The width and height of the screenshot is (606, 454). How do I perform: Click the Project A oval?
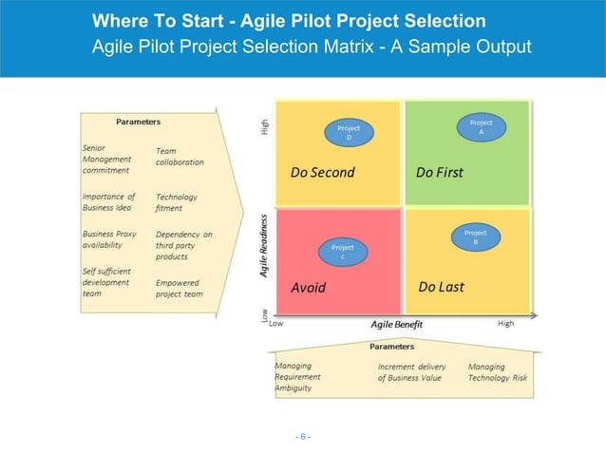(481, 127)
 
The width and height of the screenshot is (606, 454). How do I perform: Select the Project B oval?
(475, 238)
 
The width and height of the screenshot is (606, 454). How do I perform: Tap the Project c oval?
(342, 253)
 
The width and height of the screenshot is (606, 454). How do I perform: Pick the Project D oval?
(349, 132)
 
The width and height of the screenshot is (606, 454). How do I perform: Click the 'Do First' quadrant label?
(439, 173)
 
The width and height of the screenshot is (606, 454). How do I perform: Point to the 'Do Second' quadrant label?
(322, 173)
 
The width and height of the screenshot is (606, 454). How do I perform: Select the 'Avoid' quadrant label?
(308, 288)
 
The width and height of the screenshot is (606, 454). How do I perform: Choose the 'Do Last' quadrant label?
(441, 287)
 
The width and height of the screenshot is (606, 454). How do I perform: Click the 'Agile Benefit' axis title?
(397, 324)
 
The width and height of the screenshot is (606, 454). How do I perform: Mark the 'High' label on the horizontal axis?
(505, 324)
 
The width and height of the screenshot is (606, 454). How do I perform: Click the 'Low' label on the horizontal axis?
(275, 324)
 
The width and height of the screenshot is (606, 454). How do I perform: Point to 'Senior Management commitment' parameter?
(106, 160)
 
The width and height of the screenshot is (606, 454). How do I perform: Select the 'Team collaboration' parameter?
(180, 156)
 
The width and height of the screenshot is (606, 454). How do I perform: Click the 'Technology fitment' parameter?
(177, 202)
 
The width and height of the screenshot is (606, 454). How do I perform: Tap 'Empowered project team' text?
(180, 288)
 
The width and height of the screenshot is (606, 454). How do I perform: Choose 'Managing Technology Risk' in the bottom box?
(497, 372)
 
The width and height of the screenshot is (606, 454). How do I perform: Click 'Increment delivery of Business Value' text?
(411, 372)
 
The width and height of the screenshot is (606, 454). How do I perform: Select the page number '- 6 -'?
(302, 436)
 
